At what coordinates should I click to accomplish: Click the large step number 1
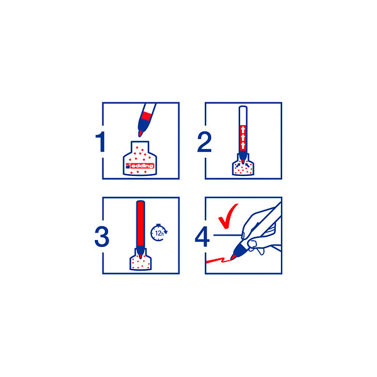(x=101, y=141)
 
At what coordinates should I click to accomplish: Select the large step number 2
(x=204, y=142)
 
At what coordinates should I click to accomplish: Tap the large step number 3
(x=102, y=237)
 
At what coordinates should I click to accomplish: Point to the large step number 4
(x=202, y=237)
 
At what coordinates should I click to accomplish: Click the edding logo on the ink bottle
(x=139, y=166)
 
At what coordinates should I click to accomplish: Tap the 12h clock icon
(x=159, y=232)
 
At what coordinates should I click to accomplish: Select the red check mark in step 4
(x=227, y=216)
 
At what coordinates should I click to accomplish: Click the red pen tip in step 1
(x=140, y=133)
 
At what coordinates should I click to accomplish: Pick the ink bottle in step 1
(x=140, y=158)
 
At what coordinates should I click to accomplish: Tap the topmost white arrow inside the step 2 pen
(x=243, y=129)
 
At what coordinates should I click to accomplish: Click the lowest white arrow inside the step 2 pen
(x=243, y=145)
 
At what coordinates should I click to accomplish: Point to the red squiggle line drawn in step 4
(x=218, y=260)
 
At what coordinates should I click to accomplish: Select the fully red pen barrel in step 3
(x=140, y=224)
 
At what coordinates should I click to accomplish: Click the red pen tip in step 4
(x=233, y=256)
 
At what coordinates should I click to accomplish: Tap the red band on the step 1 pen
(x=146, y=116)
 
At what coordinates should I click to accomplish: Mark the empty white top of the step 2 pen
(x=243, y=116)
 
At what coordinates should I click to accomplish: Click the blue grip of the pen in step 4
(x=241, y=249)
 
